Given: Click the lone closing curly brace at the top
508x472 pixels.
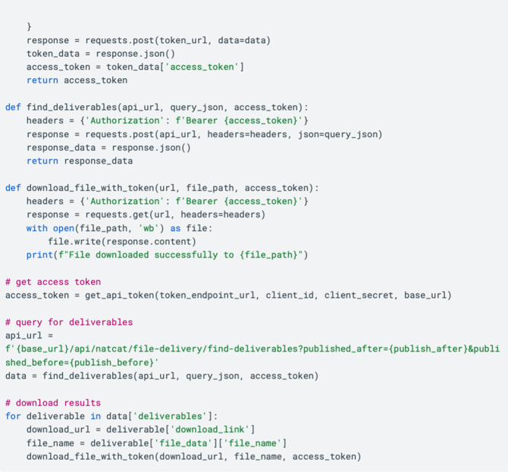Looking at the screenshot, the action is pyautogui.click(x=29, y=27).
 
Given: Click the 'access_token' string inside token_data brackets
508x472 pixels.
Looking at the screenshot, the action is pyautogui.click(x=202, y=67).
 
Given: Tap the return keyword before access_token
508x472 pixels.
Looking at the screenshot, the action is pyautogui.click(x=42, y=80).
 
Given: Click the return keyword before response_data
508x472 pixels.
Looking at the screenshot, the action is pyautogui.click(x=42, y=161).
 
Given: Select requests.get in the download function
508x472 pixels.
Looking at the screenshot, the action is pyautogui.click(x=117, y=214).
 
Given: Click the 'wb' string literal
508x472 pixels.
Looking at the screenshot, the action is pyautogui.click(x=149, y=228).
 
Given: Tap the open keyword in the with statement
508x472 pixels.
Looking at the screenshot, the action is pyautogui.click(x=64, y=229).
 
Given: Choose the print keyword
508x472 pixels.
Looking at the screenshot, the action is pyautogui.click(x=39, y=255).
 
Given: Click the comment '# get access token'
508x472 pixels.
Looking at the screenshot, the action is pyautogui.click(x=53, y=282).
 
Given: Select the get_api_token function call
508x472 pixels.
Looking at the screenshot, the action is pyautogui.click(x=120, y=295).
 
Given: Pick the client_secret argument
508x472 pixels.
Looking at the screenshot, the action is pyautogui.click(x=359, y=295).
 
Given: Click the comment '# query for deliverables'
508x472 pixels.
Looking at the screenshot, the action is pyautogui.click(x=69, y=322).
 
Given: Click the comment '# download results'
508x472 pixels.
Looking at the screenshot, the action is pyautogui.click(x=53, y=403).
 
